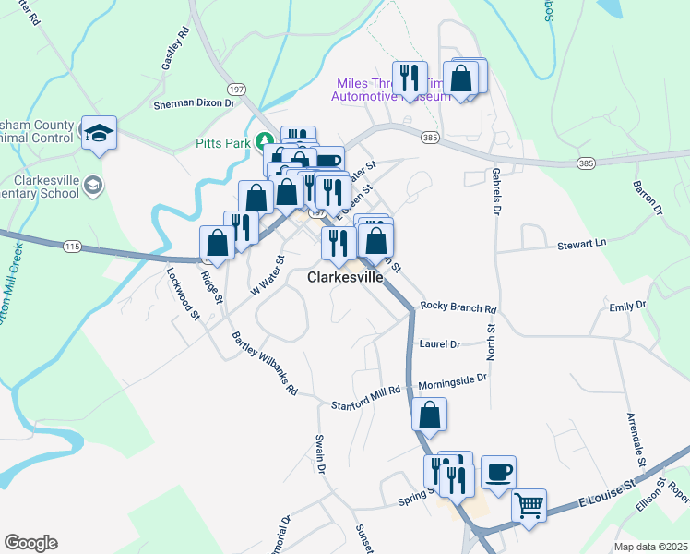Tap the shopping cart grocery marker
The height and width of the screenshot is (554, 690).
pyautogui.click(x=529, y=504)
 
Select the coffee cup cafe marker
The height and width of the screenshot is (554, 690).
pyautogui.click(x=498, y=472)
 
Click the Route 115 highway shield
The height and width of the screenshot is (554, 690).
pyautogui.click(x=73, y=247)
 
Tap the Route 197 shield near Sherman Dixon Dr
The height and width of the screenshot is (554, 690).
pyautogui.click(x=237, y=90)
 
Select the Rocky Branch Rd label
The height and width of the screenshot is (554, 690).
pyautogui.click(x=458, y=307)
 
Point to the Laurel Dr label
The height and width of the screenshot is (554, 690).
pyautogui.click(x=439, y=344)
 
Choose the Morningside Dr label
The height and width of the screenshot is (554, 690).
pyautogui.click(x=452, y=379)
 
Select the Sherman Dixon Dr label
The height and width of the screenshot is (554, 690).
pyautogui.click(x=195, y=104)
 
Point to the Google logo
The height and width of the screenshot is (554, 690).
pyautogui.click(x=30, y=542)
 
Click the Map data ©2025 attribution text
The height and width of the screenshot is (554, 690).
pyautogui.click(x=650, y=547)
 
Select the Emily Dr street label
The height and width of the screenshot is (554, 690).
pyautogui.click(x=627, y=305)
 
